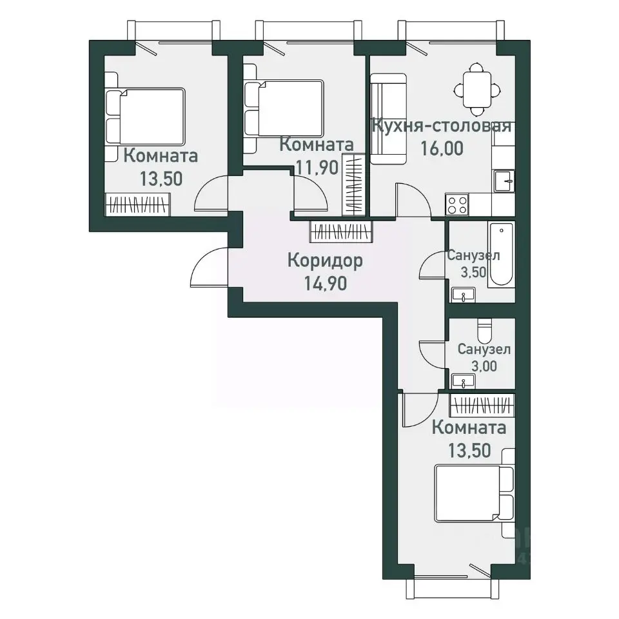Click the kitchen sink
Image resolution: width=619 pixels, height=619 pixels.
(504, 181)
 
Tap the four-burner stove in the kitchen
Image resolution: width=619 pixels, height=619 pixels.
(457, 205)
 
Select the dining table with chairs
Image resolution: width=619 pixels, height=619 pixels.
(477, 89)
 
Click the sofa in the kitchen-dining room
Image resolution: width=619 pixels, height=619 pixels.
(388, 119)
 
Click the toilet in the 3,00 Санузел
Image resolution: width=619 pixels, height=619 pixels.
(484, 331)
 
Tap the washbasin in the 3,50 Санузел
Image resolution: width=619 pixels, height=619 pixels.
(464, 295)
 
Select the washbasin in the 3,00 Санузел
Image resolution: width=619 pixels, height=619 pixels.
(464, 381)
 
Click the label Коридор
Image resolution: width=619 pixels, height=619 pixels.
(325, 261)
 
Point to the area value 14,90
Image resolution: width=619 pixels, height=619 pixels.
(325, 284)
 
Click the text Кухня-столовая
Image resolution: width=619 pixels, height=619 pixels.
(442, 126)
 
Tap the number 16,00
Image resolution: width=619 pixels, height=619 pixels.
(442, 148)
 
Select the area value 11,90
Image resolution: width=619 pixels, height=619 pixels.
(317, 168)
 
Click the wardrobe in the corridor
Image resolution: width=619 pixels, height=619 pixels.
(341, 231)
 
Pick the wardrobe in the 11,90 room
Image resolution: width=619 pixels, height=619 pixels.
(354, 185)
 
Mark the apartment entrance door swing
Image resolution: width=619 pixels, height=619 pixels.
(209, 267)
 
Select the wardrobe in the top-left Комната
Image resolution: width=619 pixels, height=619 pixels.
(137, 204)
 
